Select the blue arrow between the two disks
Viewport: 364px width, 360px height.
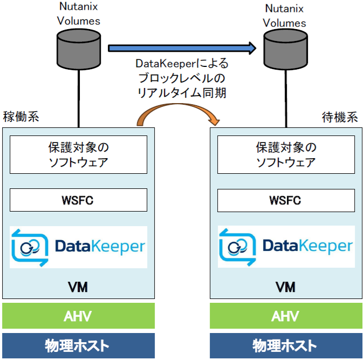(182, 49)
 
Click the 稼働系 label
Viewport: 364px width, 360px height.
(21, 118)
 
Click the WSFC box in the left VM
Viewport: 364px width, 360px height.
(79, 200)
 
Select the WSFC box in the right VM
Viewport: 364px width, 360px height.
(286, 200)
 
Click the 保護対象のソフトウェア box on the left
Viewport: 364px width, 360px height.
(79, 154)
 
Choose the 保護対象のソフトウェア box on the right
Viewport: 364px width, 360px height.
(286, 154)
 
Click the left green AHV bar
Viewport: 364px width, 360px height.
(79, 316)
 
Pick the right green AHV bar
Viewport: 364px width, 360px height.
(285, 316)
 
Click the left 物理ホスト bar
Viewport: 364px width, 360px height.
(79, 345)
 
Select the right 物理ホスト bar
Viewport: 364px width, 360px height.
(285, 345)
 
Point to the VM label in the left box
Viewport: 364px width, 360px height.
(79, 287)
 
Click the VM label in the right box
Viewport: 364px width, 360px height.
(285, 287)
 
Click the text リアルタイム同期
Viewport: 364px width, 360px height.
(182, 93)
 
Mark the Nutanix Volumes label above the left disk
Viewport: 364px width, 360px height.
(80, 15)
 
